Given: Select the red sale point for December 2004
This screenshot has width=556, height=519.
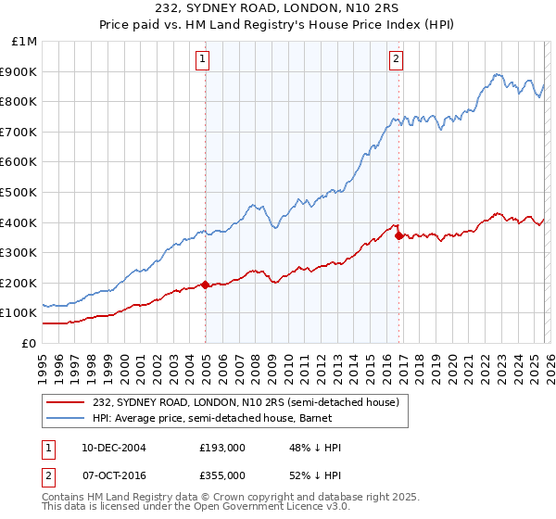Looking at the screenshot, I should tap(205, 285).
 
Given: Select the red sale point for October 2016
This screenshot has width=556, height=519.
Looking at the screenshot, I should tap(398, 235).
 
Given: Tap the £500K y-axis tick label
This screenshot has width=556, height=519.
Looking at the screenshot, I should tap(19, 193).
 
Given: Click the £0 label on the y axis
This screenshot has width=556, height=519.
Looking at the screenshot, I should tap(29, 343).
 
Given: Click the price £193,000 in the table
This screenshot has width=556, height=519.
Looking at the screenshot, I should tap(222, 448).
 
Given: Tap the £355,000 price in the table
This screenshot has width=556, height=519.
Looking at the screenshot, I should tap(222, 475).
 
